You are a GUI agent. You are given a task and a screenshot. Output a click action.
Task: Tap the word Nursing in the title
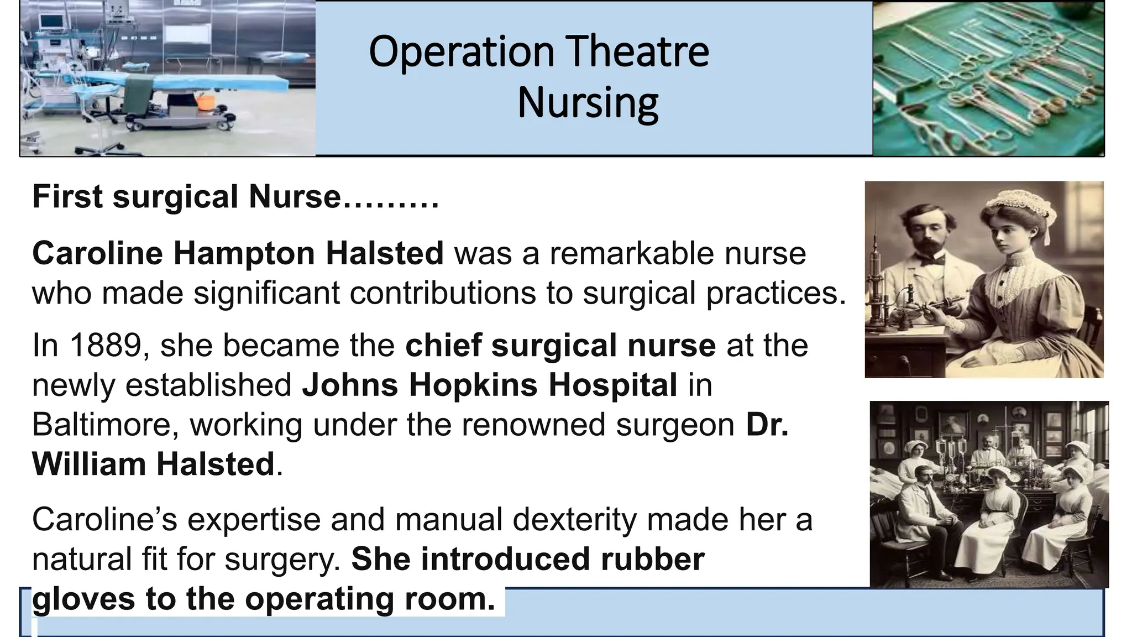(x=588, y=103)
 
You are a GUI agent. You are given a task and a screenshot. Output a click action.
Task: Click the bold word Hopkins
(x=473, y=385)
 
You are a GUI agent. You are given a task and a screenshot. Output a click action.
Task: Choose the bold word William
(x=88, y=464)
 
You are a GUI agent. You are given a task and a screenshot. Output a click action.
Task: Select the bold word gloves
(x=83, y=599)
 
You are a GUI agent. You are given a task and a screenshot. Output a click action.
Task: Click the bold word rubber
(x=653, y=559)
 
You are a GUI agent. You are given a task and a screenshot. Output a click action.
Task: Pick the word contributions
(x=443, y=293)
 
